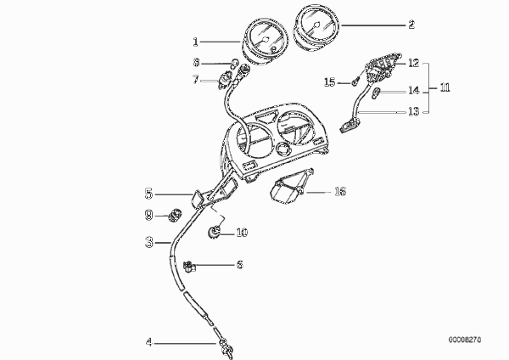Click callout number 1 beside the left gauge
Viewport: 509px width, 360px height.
(x=195, y=42)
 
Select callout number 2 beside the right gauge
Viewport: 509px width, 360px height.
(x=411, y=25)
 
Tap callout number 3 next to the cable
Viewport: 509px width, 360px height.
(x=149, y=242)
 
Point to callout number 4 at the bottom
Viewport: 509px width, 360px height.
(x=148, y=342)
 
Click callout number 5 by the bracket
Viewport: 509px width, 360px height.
(x=148, y=194)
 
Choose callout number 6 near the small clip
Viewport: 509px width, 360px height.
(x=239, y=264)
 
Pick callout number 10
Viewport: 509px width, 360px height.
(x=242, y=233)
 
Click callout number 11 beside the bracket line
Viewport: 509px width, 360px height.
(x=445, y=87)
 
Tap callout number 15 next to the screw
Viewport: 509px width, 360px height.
(x=330, y=82)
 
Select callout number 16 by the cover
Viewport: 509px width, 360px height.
(x=340, y=191)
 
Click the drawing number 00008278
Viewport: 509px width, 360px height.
(x=465, y=340)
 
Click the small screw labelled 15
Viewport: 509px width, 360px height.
(x=355, y=82)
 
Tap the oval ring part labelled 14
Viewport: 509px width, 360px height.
(x=376, y=93)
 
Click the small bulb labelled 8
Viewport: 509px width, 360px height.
(x=234, y=63)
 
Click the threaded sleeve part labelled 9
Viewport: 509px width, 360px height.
(x=176, y=215)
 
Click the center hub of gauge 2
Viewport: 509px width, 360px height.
(x=316, y=25)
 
